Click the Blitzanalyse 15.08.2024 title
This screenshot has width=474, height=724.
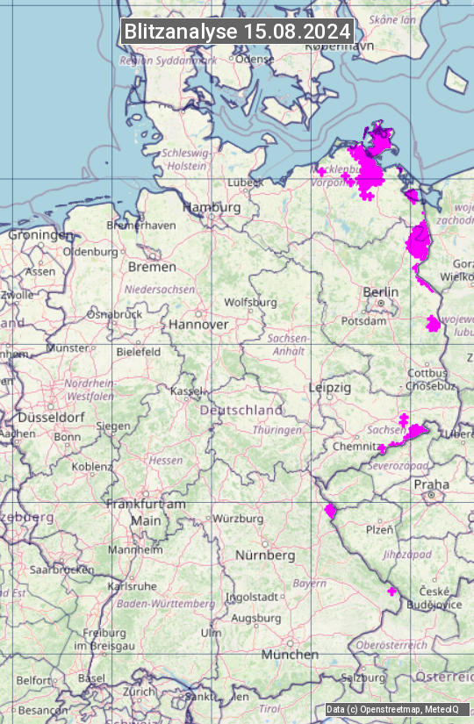click(x=237, y=32)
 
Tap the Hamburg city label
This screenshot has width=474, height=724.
click(x=212, y=207)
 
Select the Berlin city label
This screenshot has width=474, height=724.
click(x=381, y=291)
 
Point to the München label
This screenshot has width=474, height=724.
click(x=290, y=655)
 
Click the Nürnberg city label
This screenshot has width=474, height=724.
click(x=265, y=556)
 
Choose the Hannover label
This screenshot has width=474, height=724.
click(x=198, y=324)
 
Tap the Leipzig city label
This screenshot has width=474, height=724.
click(x=330, y=387)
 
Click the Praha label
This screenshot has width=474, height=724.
click(x=432, y=484)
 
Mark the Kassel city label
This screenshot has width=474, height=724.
click(x=186, y=391)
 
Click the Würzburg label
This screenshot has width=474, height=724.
click(x=238, y=519)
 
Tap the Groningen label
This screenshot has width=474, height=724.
click(x=41, y=235)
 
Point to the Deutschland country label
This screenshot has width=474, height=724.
click(x=241, y=410)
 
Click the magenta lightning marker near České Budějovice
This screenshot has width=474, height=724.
click(x=392, y=591)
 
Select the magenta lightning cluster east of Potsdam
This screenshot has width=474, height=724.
click(x=432, y=324)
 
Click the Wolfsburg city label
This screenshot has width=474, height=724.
click(x=250, y=303)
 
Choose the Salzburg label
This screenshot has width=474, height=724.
click(x=363, y=677)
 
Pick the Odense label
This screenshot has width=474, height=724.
click(x=255, y=59)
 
